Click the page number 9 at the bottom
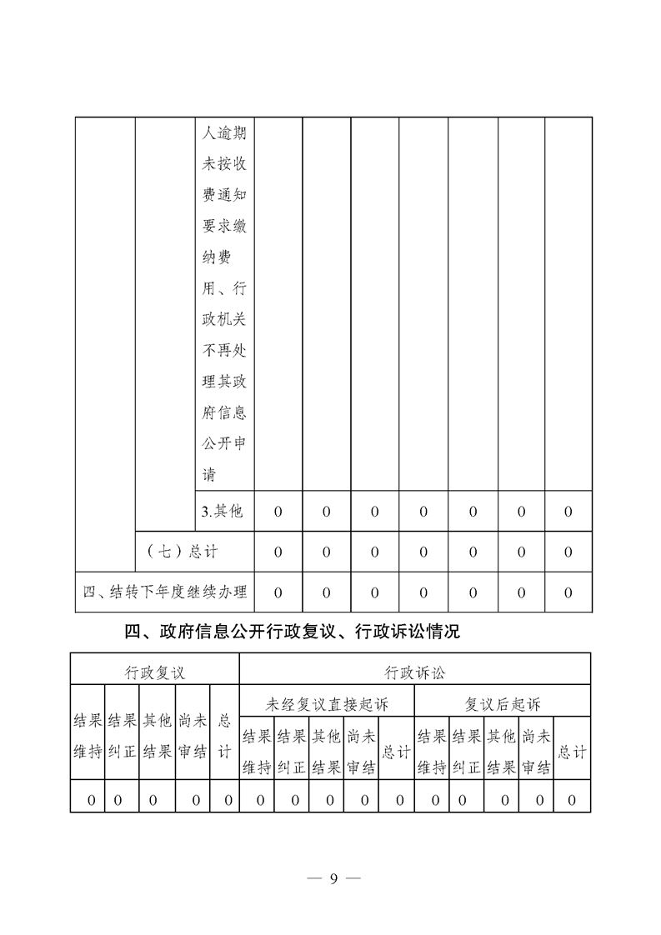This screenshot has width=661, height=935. [x=332, y=878]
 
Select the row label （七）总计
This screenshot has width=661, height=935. [x=182, y=552]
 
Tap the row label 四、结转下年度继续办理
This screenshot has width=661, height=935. [x=165, y=592]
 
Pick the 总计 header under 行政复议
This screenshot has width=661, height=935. [x=223, y=735]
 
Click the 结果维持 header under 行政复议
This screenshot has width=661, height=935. [x=88, y=735]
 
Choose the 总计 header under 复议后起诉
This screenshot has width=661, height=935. [x=572, y=752]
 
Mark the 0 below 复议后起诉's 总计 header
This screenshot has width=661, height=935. [x=572, y=801]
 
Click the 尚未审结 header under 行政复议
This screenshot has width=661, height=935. [x=193, y=735]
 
